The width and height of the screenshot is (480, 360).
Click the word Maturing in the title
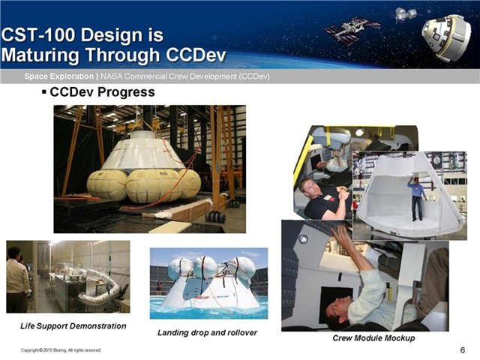41,55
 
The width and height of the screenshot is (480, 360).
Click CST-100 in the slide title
38,34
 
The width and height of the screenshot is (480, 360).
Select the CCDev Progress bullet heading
102,91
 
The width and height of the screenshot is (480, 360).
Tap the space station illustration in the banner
352,30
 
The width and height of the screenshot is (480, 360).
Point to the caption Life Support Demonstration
73,326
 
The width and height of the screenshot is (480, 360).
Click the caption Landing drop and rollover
207,332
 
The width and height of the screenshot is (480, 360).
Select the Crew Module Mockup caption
373,338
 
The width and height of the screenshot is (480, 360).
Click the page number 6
463,349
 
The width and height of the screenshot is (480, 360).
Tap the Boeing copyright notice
61,350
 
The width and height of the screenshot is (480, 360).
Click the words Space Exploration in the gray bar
59,76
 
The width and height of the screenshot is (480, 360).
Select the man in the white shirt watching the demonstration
18,279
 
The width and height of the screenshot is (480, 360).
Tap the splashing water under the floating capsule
208,310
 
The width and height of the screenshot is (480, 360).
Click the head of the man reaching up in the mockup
337,312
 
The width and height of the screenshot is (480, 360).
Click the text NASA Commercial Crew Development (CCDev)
185,76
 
